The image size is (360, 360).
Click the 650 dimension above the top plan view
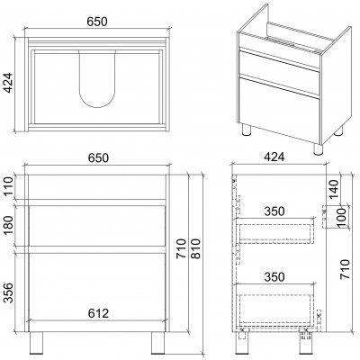(97, 22)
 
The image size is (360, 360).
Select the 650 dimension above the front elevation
(98, 157)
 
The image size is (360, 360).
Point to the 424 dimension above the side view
(274, 157)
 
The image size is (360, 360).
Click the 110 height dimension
(8, 186)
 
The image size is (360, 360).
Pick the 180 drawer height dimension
(8, 226)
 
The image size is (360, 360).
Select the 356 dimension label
(8, 292)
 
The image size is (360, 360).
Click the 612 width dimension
(98, 313)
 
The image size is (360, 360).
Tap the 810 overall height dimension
(195, 248)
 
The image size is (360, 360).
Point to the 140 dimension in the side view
(334, 189)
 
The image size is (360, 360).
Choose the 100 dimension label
(341, 217)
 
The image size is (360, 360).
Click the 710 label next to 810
(182, 248)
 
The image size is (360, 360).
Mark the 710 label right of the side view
(345, 269)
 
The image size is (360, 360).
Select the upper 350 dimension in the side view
(274, 211)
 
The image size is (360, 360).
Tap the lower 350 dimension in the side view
(274, 277)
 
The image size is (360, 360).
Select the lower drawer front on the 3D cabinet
(279, 109)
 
